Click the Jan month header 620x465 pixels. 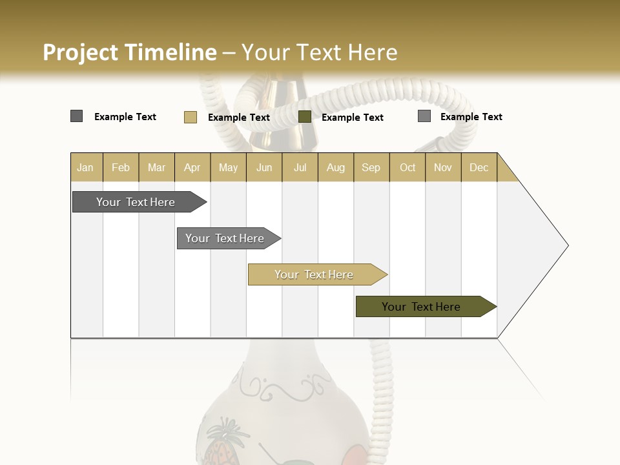[85, 167]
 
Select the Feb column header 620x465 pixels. [121, 167]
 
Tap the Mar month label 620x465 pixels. [156, 167]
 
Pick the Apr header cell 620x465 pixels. [192, 167]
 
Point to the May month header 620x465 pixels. [228, 167]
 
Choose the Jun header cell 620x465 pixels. [264, 167]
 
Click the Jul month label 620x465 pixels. [300, 167]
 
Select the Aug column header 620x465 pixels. [336, 167]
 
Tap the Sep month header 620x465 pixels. [371, 167]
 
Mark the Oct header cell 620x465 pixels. [408, 167]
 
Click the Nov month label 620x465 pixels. [443, 167]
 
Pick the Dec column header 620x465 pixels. [479, 167]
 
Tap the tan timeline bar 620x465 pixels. [315, 274]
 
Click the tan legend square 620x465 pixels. [191, 117]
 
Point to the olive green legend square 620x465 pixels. [305, 117]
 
